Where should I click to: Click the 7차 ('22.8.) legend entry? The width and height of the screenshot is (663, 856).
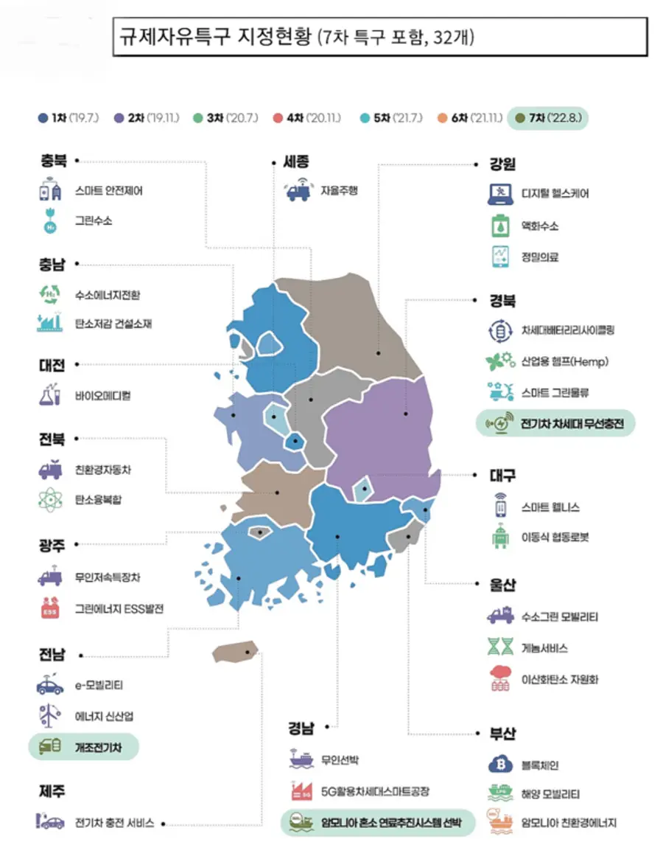pos(547,118)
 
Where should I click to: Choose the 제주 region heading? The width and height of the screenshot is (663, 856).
pos(52,791)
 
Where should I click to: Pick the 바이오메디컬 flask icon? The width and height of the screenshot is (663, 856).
pos(50,395)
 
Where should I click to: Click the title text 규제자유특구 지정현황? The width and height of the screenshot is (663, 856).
pos(214,37)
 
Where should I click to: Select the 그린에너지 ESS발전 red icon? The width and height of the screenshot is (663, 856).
pos(50,609)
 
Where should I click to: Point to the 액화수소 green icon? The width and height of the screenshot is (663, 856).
pos(501,226)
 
